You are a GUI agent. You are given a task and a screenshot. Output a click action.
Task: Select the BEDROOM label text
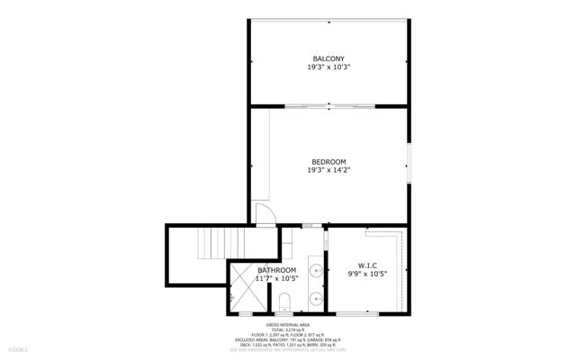pos(328,161)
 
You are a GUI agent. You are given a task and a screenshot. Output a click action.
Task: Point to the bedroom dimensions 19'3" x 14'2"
pos(328,170)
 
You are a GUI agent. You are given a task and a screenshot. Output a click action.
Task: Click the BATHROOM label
pos(277,270)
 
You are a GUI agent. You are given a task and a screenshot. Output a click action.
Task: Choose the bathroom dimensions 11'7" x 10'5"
pos(277,279)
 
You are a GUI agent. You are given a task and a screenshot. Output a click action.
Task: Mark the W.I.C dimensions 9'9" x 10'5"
pos(366,274)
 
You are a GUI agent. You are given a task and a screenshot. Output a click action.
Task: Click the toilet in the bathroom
pos(285,301)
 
